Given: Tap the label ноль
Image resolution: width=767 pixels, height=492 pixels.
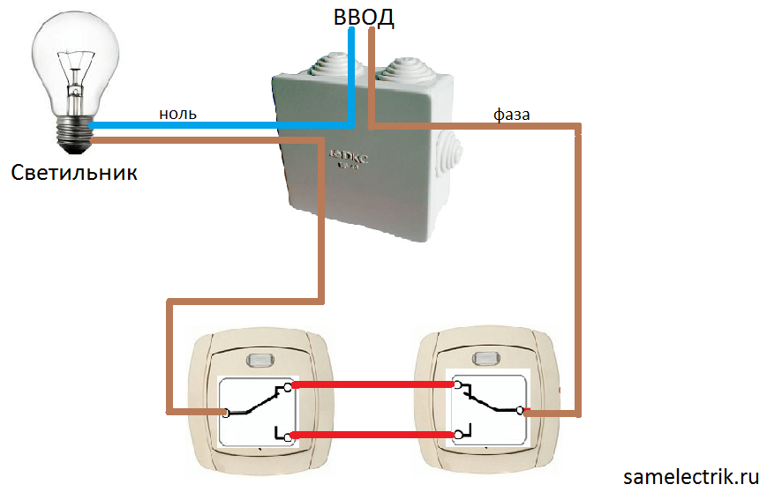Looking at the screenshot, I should click(177, 113).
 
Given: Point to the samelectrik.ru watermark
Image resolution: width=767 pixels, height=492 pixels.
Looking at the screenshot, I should click(691, 476).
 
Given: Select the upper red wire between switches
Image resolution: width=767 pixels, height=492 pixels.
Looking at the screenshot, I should click(372, 384).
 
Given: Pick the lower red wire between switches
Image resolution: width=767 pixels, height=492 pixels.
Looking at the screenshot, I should click(372, 435).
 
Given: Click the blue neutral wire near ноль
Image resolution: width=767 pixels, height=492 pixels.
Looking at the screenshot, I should click(221, 124).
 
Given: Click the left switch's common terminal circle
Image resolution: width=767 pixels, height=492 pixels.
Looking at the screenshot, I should click(226, 412).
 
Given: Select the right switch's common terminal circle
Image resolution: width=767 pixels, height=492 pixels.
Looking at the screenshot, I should click(523, 411).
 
